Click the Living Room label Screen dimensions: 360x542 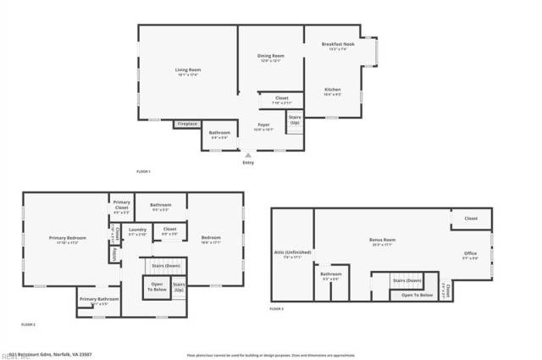(x=187, y=69)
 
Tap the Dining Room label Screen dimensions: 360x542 (x=270, y=56)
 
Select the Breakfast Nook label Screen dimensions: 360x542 (x=338, y=43)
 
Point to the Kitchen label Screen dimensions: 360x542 (x=333, y=89)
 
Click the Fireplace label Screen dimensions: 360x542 (x=187, y=125)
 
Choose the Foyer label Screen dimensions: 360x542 (x=263, y=125)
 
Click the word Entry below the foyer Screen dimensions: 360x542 (x=247, y=163)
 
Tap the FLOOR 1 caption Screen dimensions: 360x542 (x=143, y=171)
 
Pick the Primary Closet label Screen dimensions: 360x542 (x=122, y=203)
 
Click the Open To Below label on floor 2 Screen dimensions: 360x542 (x=157, y=286)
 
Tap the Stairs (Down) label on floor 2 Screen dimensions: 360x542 (x=166, y=265)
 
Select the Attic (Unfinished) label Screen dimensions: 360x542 (x=292, y=252)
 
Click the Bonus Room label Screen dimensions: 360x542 (x=383, y=240)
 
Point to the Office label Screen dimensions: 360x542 (x=470, y=253)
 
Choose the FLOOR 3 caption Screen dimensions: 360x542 (x=277, y=309)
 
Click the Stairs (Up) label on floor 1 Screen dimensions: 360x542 (x=295, y=119)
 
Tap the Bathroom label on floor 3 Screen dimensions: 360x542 (x=330, y=274)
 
